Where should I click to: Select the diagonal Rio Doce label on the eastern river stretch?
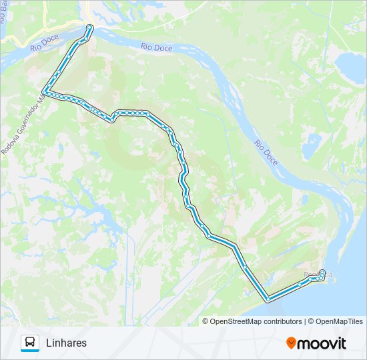tap(266, 153)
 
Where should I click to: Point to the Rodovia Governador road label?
tap(24, 124)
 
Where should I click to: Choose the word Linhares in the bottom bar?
tap(67, 343)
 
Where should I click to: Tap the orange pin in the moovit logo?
tap(291, 343)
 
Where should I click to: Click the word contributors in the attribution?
tap(283, 321)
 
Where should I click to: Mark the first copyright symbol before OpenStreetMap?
tap(206, 321)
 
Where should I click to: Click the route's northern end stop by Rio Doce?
tap(90, 27)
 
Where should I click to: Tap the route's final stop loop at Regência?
tap(323, 275)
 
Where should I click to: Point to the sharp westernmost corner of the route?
tap(44, 91)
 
